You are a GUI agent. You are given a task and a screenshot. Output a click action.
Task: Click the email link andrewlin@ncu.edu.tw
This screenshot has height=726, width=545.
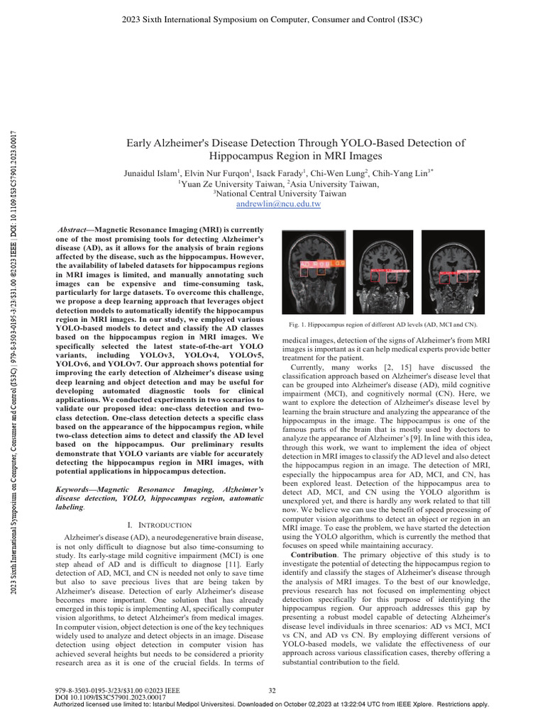[278, 203]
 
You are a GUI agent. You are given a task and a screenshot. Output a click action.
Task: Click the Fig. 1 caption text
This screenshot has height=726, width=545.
[382, 324]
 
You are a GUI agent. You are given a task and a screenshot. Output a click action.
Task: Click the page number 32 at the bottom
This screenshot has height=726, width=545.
[272, 689]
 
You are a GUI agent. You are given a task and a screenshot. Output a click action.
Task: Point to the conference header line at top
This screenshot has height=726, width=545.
[272, 19]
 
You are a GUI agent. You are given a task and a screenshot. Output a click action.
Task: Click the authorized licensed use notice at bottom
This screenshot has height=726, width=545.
[272, 704]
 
